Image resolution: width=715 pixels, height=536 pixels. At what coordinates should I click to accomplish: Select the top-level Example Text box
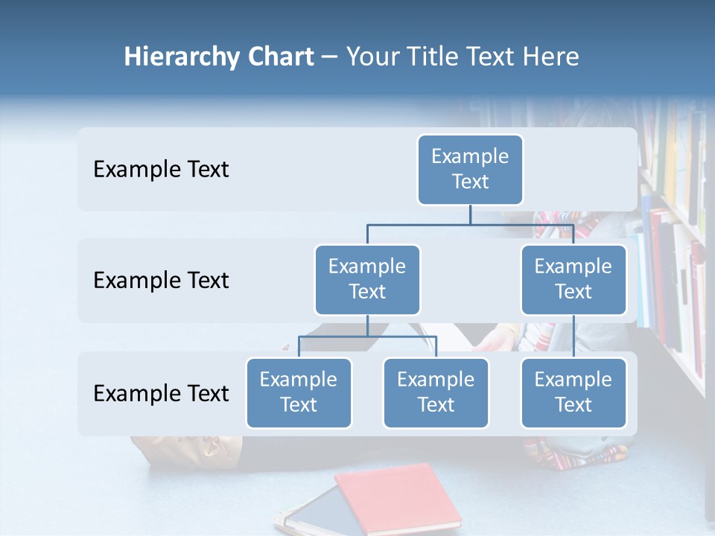coord(470,170)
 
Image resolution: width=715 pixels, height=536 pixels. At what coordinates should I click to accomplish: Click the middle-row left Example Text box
coord(367,280)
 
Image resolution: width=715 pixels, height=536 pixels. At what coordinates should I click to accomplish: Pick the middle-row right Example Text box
coord(573,280)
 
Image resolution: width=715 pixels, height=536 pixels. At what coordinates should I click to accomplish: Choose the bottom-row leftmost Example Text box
coord(299,393)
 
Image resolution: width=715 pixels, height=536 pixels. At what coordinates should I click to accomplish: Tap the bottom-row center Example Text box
coord(436,393)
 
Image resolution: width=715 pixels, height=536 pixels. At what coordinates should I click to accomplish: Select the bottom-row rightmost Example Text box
coord(573,393)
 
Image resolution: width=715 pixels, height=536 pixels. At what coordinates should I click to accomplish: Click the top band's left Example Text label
coord(161,170)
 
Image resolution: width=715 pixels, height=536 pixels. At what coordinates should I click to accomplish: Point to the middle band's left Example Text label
coord(161,281)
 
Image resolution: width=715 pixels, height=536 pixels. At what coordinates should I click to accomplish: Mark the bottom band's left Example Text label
coord(161,394)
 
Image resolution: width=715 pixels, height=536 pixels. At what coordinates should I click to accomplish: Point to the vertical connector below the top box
coord(470,214)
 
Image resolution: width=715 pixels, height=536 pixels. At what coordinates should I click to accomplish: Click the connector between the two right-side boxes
coord(573,336)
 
